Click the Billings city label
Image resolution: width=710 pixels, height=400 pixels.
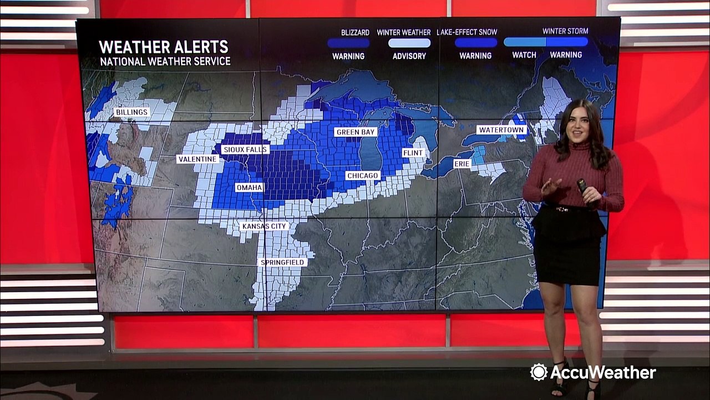point(131,112)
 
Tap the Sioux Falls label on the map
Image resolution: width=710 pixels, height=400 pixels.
point(245,149)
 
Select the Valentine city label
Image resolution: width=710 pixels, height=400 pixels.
point(197,159)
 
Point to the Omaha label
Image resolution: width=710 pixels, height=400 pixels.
point(249,188)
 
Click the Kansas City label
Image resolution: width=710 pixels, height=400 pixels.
point(265,226)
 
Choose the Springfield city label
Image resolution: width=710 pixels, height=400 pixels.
point(282,262)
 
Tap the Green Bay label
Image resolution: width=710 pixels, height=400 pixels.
point(356,132)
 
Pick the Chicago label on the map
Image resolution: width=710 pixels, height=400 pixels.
point(362,176)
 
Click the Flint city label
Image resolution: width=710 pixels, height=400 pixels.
point(413,153)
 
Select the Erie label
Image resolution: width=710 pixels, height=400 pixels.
point(462,164)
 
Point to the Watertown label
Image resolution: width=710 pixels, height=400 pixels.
point(501,130)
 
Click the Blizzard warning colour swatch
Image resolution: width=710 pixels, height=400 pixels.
point(348,43)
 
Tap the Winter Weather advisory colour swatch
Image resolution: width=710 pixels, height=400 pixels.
point(409,43)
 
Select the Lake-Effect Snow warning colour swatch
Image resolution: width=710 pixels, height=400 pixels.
point(475,43)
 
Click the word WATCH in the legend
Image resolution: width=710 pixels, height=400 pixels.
point(524,55)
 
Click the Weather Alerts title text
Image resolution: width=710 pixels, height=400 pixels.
point(163,47)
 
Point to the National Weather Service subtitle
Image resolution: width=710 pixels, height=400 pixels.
point(165,61)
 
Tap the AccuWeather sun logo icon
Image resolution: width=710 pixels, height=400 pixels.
point(539,372)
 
